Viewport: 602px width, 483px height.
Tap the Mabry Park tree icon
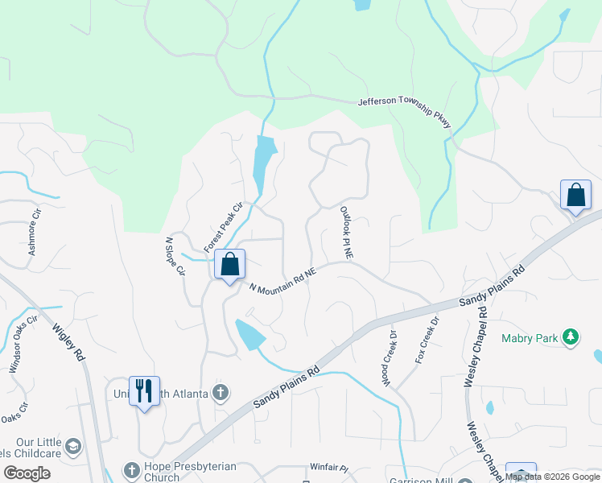[x=571, y=337]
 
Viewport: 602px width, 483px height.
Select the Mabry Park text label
[x=530, y=338]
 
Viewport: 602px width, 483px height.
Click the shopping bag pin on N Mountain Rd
[x=230, y=265]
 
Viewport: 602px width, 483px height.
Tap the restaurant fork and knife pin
[x=144, y=391]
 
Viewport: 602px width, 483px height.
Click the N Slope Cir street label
[x=175, y=257]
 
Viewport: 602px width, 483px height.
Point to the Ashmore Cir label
[x=34, y=234]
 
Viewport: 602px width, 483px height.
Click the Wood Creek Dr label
[x=390, y=358]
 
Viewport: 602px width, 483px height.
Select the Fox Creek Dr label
[x=427, y=341]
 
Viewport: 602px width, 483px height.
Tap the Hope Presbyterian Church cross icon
[x=131, y=469]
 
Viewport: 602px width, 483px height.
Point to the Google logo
[x=27, y=473]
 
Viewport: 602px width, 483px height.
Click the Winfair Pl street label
[x=328, y=468]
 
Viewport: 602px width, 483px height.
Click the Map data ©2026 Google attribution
[x=552, y=477]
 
